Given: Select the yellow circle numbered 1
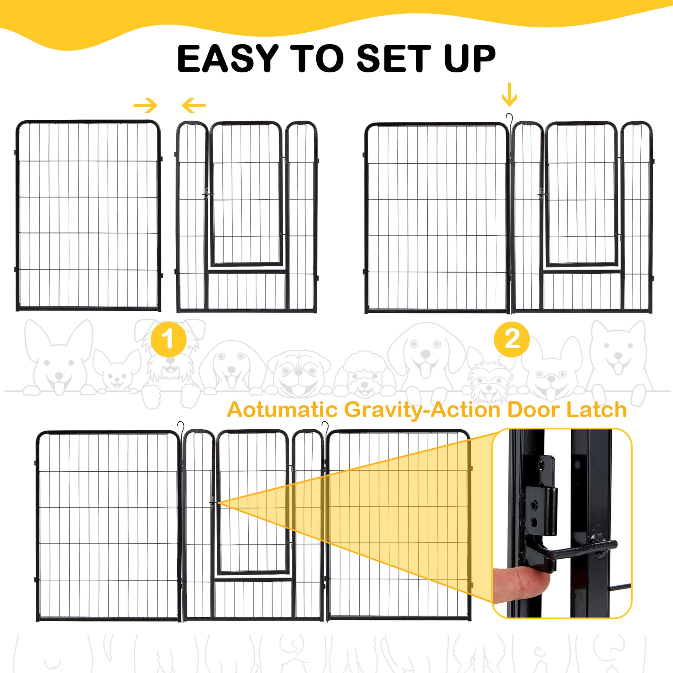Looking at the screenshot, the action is click(x=169, y=339).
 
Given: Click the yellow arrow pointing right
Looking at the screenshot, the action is click(x=146, y=105).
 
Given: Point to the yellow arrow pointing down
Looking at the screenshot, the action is click(x=509, y=95).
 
